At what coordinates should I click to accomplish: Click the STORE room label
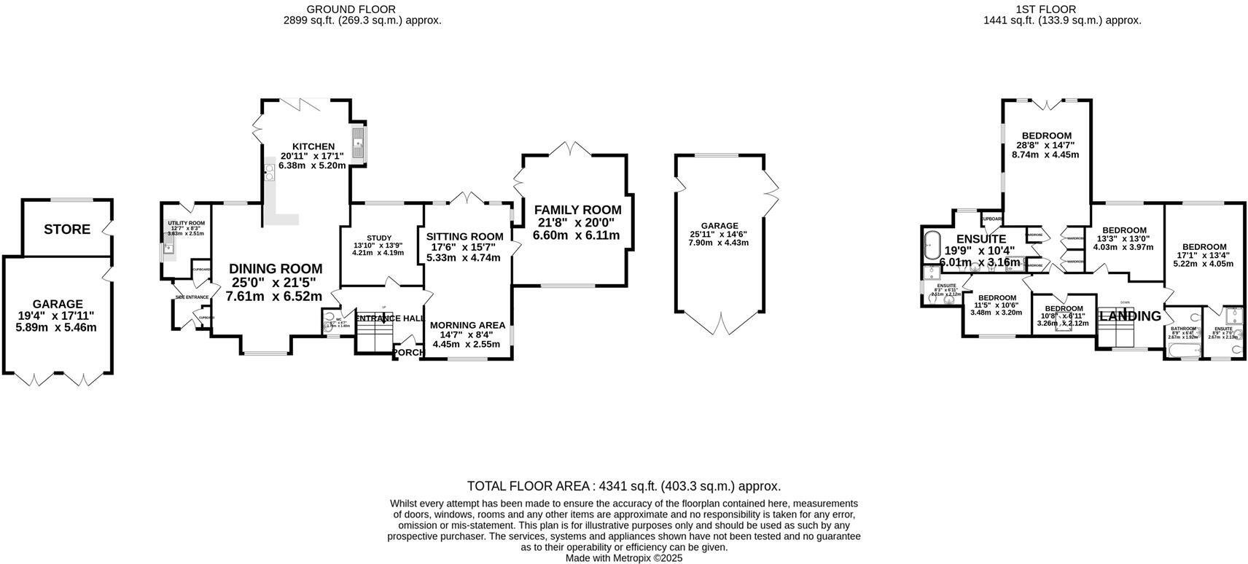click(67, 230)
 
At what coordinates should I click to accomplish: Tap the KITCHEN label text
click(313, 146)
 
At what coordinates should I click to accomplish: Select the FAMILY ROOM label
click(577, 210)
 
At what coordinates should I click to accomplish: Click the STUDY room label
click(379, 238)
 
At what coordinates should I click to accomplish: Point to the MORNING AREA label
click(467, 325)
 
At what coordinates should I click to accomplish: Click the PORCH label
click(407, 353)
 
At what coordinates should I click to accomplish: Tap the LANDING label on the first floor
click(1131, 316)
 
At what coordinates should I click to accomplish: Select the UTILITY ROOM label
click(186, 223)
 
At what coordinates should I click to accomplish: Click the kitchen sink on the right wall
click(358, 144)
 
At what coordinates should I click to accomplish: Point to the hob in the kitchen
click(269, 172)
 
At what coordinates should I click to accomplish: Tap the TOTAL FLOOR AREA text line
click(623, 486)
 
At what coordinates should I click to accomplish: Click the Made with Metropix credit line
click(623, 558)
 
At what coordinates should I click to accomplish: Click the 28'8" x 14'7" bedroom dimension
click(1046, 145)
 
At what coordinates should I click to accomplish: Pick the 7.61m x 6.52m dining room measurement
click(273, 297)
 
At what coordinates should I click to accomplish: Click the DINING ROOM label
click(275, 269)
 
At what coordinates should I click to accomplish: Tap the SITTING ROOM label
click(464, 236)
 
